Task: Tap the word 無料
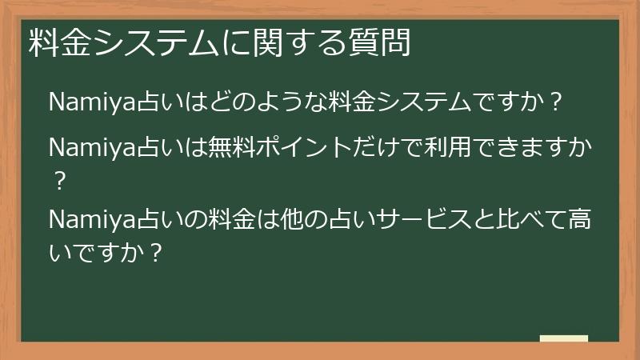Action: (x=230, y=150)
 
